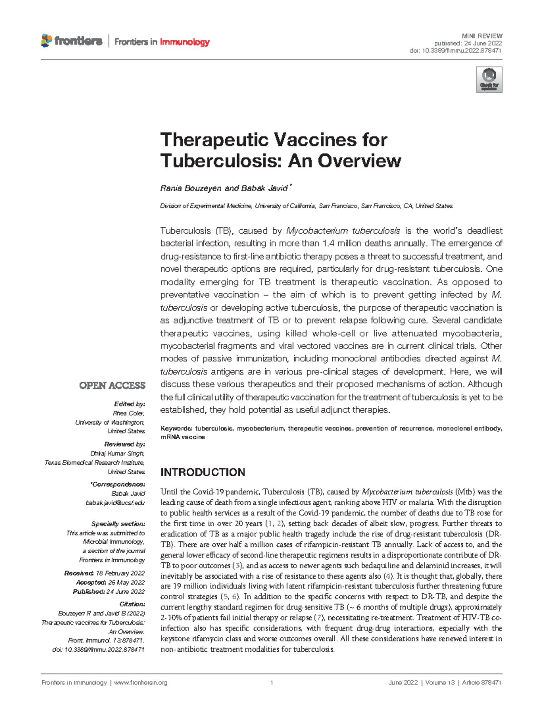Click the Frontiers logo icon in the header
pyautogui.click(x=46, y=41)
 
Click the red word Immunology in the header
pyautogui.click(x=185, y=42)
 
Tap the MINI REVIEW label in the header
pyautogui.click(x=482, y=36)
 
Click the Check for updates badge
pyautogui.click(x=489, y=79)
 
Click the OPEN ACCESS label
pyautogui.click(x=112, y=385)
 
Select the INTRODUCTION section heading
pyautogui.click(x=203, y=472)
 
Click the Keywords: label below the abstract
pyautogui.click(x=176, y=428)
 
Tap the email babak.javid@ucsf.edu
pyautogui.click(x=115, y=502)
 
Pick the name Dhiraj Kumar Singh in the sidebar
pyautogui.click(x=117, y=453)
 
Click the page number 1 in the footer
pyautogui.click(x=272, y=683)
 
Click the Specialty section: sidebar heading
pyautogui.click(x=118, y=524)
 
